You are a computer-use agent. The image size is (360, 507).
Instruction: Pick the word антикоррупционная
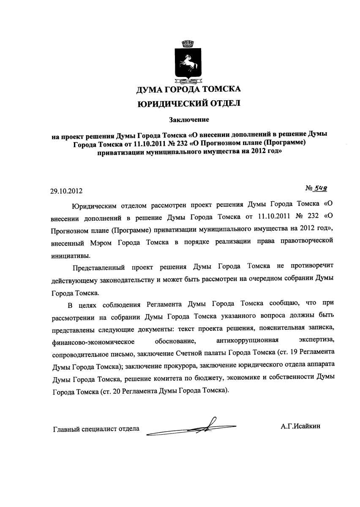[247, 340]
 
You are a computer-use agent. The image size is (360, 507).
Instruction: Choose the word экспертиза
[317, 340]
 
